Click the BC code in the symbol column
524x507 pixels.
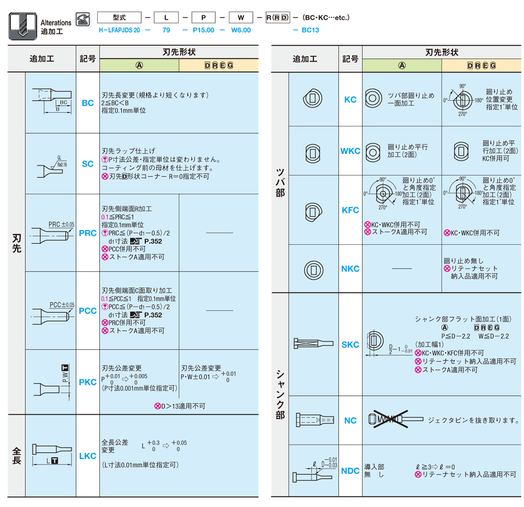point(88,103)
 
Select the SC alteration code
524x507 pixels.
point(88,164)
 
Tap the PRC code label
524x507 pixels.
point(88,233)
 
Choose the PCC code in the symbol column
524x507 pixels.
point(88,311)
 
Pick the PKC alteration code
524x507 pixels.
point(88,382)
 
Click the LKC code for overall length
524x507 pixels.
point(88,456)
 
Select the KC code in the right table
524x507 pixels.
point(350,100)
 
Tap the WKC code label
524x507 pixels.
point(350,151)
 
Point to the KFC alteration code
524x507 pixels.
point(350,210)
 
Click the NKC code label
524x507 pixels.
point(350,268)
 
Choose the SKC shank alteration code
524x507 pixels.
point(350,344)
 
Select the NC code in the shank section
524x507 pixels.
point(350,421)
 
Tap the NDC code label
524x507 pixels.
point(350,471)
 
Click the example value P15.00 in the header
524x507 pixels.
point(203,29)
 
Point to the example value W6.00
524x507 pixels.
point(241,29)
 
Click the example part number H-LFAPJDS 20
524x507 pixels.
point(119,29)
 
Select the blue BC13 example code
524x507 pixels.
point(310,29)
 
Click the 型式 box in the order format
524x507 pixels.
point(119,18)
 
